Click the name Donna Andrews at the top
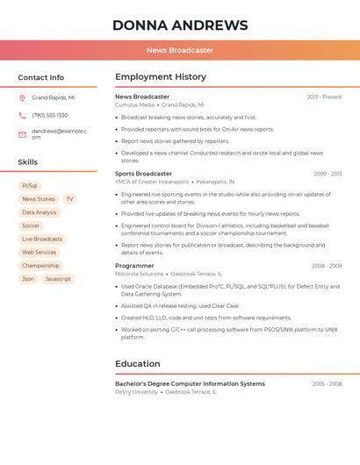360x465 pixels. tap(180, 25)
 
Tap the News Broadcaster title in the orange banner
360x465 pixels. tap(180, 50)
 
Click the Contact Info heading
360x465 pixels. tap(40, 77)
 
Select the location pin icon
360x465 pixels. tap(22, 98)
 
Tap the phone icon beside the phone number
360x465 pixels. tap(22, 115)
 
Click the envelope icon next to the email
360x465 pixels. tap(22, 134)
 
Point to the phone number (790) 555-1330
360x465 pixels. tap(50, 115)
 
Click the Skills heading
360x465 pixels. tap(28, 162)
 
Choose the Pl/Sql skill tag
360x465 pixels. tap(30, 186)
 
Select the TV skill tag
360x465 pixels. tap(69, 199)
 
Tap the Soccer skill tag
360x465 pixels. tap(31, 225)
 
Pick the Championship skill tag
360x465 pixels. tap(40, 265)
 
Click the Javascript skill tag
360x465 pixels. tap(58, 279)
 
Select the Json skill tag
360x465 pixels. tap(28, 279)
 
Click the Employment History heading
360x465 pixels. tap(161, 77)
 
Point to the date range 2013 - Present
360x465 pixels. tap(324, 97)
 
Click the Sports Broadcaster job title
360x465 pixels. tap(143, 174)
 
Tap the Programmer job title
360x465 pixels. tap(134, 265)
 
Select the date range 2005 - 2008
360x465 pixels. tap(327, 383)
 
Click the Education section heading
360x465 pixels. tap(138, 363)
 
